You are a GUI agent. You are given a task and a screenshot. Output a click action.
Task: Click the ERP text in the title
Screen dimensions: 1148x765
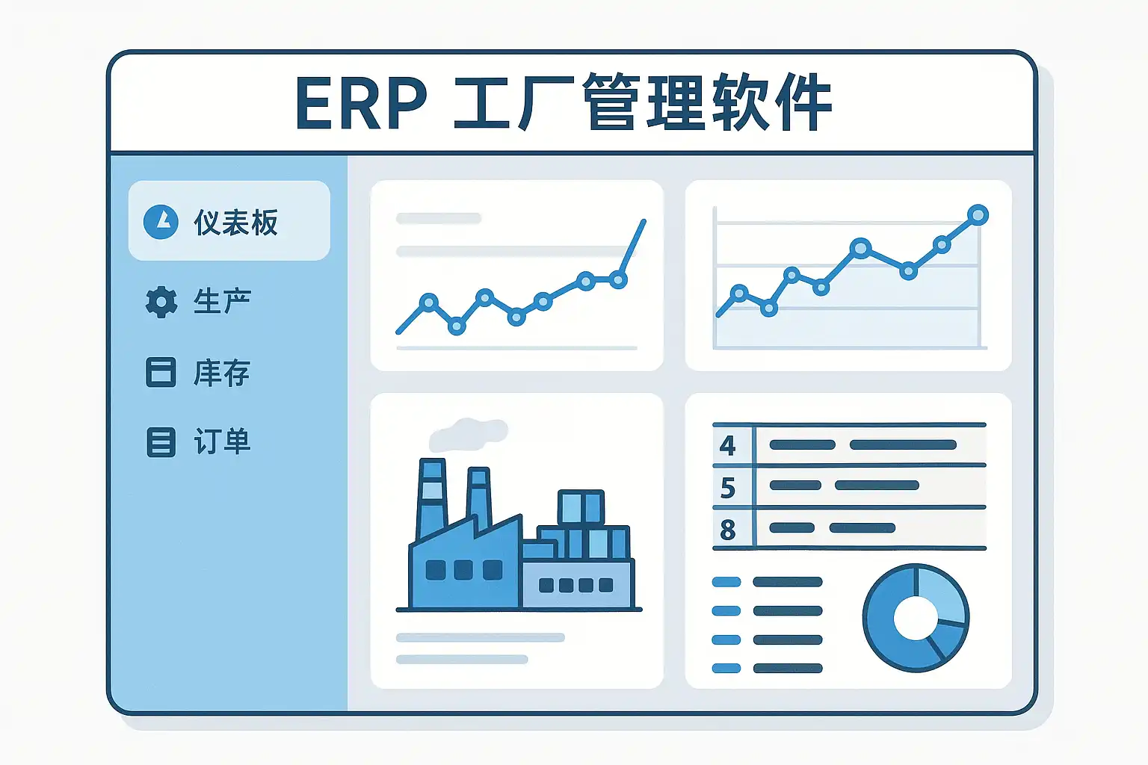coord(361,103)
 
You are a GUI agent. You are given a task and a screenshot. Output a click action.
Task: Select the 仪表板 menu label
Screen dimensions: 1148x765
coord(235,223)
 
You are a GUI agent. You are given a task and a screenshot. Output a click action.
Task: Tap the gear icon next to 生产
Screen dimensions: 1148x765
coord(161,302)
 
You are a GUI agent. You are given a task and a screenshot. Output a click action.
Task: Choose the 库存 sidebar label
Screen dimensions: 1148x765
coord(221,373)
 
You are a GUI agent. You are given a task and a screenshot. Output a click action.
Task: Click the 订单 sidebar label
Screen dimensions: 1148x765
coord(222,442)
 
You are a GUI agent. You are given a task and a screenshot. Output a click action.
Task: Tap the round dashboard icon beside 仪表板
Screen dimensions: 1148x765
coord(161,222)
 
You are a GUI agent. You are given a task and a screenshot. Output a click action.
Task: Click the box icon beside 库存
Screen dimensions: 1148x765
coord(161,372)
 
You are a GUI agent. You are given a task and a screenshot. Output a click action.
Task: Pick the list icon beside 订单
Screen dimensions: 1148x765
coord(161,442)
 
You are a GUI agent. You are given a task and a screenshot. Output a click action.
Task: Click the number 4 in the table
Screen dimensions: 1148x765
coord(728,446)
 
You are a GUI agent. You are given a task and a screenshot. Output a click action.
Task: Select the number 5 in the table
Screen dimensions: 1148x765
coord(728,488)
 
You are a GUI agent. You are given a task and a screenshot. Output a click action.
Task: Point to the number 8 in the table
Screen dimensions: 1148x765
coord(728,530)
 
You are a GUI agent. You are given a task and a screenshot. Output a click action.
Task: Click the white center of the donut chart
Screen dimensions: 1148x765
coord(916,618)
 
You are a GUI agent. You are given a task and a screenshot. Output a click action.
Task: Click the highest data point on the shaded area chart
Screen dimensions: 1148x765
coord(978,214)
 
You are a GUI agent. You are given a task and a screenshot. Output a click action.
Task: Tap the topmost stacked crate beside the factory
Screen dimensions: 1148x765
coord(581,507)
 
